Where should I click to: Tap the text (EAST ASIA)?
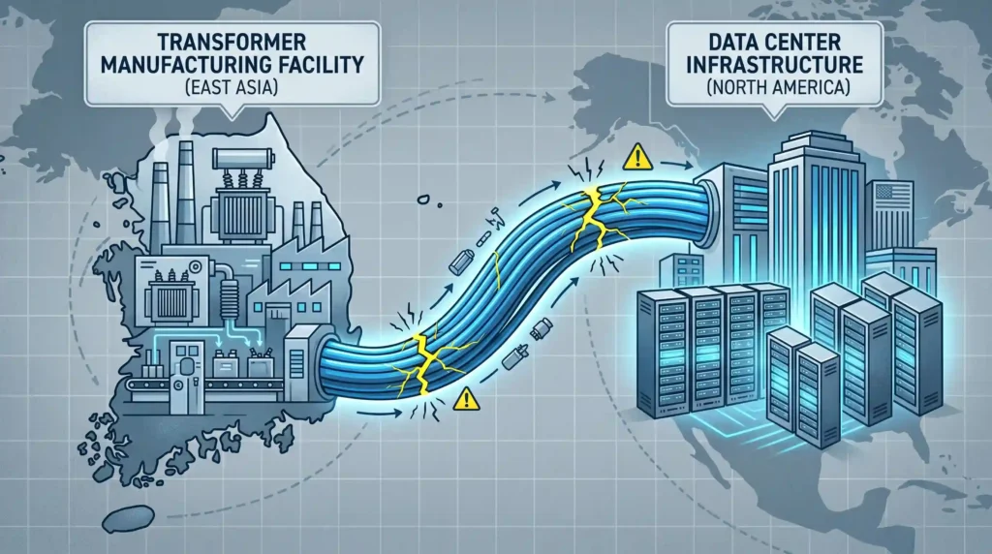tap(232, 86)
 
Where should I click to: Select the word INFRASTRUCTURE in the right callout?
tap(775, 64)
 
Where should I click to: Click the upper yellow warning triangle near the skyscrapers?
tap(637, 157)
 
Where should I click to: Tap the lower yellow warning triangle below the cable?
tap(466, 399)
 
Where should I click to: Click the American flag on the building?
tap(893, 196)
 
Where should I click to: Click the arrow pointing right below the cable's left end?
tap(380, 414)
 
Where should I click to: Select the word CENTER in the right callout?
tap(801, 43)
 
